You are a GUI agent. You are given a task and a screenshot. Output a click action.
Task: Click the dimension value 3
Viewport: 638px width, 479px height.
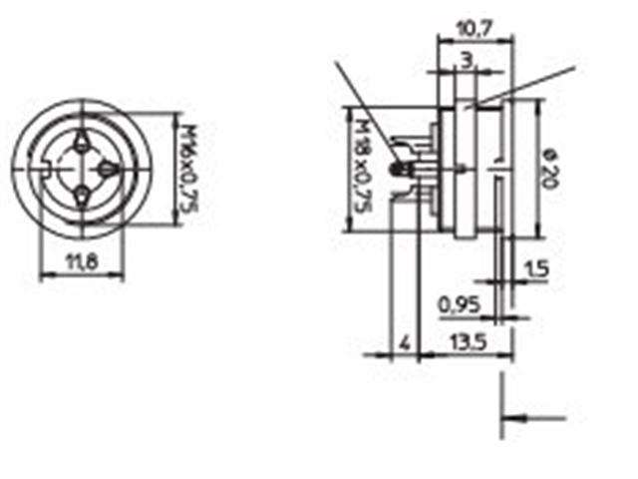[467, 61]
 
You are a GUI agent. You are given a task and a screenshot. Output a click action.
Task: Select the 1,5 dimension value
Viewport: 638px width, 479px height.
[536, 268]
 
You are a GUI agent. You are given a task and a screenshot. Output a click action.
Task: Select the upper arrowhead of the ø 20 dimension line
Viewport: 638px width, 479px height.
[539, 106]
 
